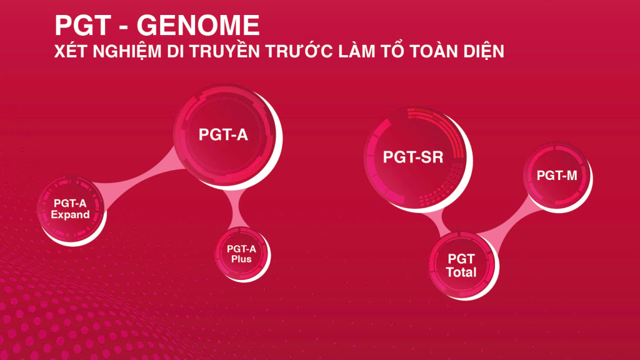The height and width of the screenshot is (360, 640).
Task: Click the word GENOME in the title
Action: [198, 25]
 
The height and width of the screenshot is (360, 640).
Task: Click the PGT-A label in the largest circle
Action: [223, 134]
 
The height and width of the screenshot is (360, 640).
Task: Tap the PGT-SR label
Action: [413, 157]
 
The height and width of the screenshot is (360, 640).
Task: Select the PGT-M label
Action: [557, 176]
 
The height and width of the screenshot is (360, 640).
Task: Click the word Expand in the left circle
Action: [71, 214]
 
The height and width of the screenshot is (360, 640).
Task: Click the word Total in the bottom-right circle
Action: [461, 272]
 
